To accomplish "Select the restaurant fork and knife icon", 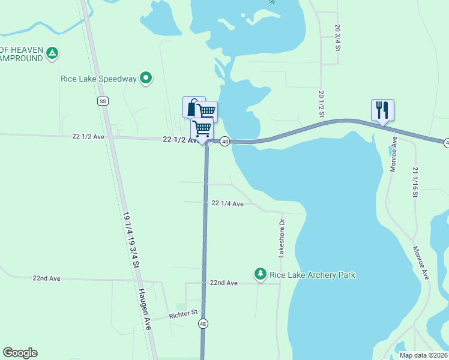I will coord(382,110).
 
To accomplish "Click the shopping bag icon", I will coord(193,107).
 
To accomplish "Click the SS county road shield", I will coord(103,101).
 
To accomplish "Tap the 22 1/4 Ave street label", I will coord(228,203).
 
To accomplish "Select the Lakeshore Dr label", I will coord(281,238).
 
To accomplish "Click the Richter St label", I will coord(183,313).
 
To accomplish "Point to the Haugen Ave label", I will coord(145,308).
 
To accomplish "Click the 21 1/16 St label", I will coord(415,182).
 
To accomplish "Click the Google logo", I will coord(20,353).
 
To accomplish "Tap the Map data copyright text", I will coord(423,355).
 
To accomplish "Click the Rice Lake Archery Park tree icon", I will coord(261,275).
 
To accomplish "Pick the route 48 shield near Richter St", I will coord(203,324).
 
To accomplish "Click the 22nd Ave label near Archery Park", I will coord(223,282).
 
